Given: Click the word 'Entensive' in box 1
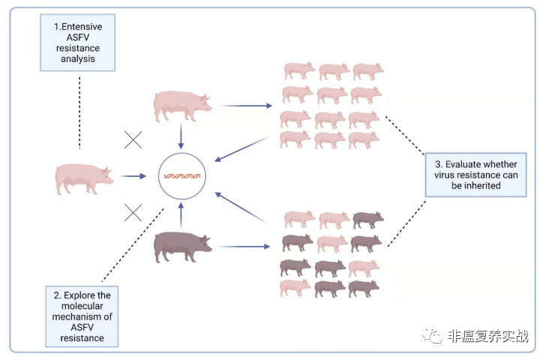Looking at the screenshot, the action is point(82,27).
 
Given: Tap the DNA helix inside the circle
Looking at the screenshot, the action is point(182,176).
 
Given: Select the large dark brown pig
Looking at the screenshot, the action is point(183,247).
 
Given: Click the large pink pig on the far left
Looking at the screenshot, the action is point(84,179).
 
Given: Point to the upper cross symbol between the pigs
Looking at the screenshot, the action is point(133,140).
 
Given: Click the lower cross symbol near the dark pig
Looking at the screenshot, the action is point(133,213).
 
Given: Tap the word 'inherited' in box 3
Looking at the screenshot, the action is point(476,185).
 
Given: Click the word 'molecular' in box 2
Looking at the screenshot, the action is point(82,306).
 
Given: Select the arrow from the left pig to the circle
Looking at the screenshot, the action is point(133,176).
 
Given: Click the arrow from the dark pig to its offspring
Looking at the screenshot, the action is point(244,247).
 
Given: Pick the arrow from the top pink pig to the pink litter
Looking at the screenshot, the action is point(247,106).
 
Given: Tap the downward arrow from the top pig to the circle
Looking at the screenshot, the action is point(181,136).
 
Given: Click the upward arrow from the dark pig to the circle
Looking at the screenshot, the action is point(181,215).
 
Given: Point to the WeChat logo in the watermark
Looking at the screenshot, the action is point(432,336).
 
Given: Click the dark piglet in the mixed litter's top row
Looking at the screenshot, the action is point(368,220).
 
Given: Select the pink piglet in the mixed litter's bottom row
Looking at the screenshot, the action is point(295,287).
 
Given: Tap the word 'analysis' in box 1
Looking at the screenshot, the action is point(78,58).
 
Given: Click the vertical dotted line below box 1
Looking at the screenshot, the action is point(79,112).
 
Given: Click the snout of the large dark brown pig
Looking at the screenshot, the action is point(210,249).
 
